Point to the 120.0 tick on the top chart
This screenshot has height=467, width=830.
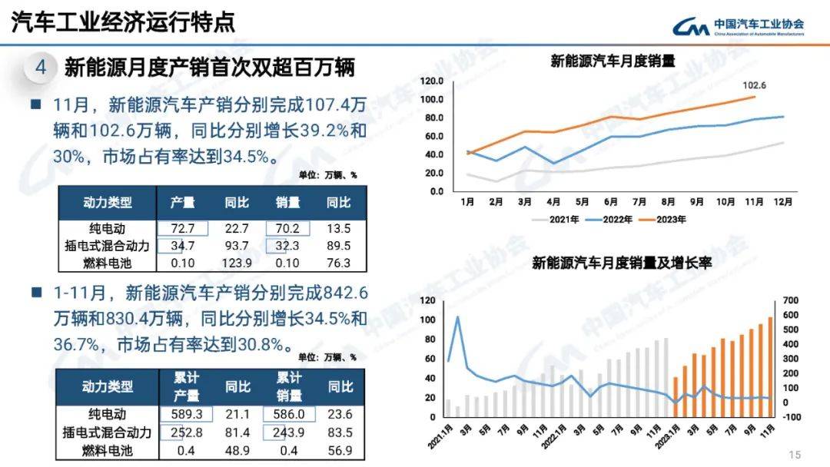(x=431, y=81)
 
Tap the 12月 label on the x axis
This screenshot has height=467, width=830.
(x=783, y=202)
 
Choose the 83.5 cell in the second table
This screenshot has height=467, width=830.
(x=339, y=432)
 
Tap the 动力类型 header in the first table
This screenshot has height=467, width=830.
(x=108, y=203)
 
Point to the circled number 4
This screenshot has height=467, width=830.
(x=41, y=68)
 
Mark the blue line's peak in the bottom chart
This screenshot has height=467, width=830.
(x=458, y=316)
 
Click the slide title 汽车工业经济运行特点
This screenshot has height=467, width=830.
(x=124, y=22)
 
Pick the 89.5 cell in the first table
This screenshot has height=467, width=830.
(x=338, y=246)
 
